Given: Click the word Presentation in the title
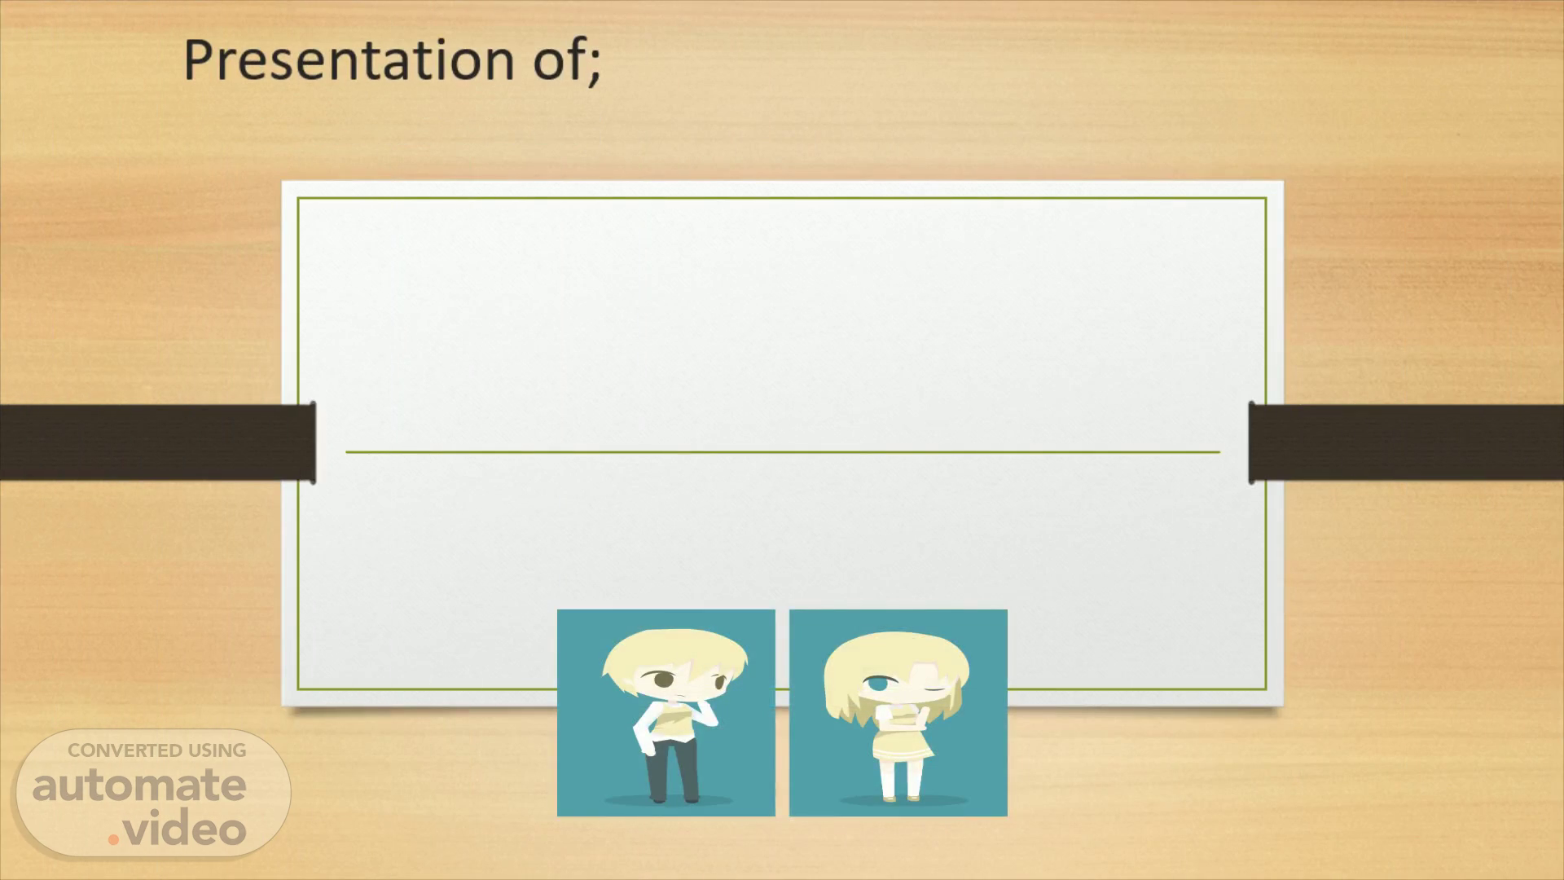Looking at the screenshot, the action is (x=349, y=60).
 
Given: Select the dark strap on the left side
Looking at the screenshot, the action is (x=157, y=442).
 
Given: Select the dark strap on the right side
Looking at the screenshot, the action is (x=1406, y=442).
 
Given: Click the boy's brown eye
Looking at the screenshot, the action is (x=661, y=678).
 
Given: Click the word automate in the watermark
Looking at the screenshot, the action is (x=139, y=785).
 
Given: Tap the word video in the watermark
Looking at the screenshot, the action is (x=187, y=829).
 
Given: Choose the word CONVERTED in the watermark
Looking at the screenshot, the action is (x=125, y=750).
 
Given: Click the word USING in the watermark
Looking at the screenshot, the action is (x=217, y=750).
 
